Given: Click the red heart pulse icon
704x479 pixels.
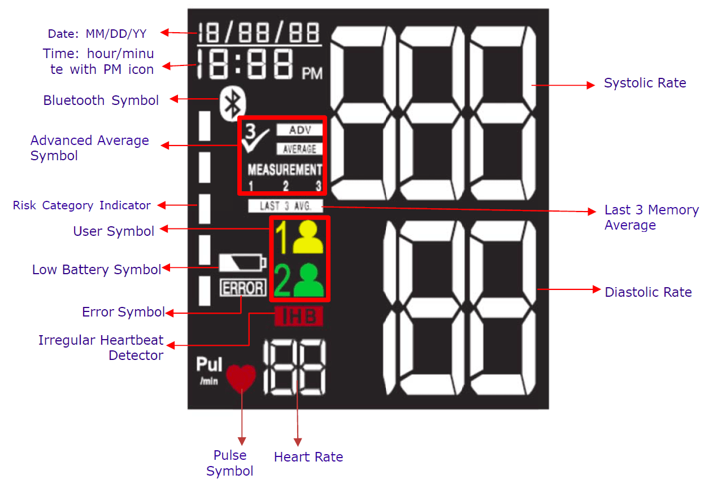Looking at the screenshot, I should click(241, 377).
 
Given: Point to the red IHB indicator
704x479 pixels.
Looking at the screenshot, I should click(298, 317).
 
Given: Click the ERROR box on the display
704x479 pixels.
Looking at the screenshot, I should click(242, 288).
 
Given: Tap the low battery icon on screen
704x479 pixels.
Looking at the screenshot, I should click(242, 263).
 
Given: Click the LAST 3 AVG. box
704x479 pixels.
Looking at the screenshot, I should click(286, 206).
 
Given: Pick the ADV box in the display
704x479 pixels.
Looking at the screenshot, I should click(299, 130).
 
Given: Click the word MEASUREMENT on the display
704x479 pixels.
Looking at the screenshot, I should click(285, 170).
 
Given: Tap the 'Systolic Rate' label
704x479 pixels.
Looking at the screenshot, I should click(645, 84).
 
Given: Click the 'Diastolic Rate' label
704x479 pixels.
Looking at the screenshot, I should click(648, 292).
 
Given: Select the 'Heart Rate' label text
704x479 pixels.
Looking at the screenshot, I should click(308, 457).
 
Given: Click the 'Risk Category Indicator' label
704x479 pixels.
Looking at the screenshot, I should click(82, 205).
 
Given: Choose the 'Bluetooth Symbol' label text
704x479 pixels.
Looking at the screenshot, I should click(101, 100).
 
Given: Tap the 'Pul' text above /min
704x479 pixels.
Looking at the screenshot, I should click(209, 365).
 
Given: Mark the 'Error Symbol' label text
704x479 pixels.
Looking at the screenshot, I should click(123, 312).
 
